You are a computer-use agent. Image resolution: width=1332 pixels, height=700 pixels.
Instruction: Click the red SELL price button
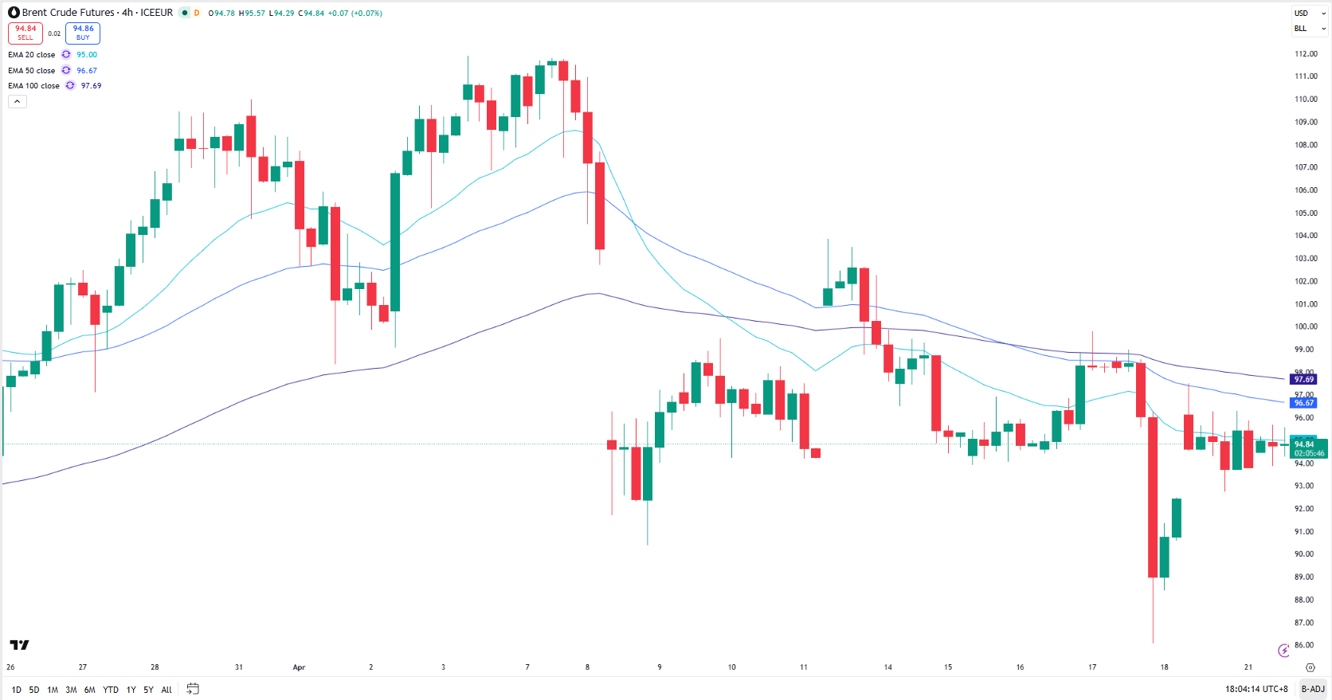25,33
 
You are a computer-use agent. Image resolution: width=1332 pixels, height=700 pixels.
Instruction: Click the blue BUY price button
83,33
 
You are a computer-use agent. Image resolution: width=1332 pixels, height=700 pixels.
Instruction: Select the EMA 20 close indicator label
32,55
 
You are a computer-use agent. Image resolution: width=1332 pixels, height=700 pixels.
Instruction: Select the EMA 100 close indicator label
33,86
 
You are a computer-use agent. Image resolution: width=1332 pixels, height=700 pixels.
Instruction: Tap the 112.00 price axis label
1306,54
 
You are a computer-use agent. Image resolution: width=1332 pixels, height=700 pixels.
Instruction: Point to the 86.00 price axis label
1304,645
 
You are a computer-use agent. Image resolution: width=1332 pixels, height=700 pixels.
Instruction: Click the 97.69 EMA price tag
1304,380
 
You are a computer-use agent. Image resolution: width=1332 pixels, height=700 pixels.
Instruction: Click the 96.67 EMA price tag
1304,403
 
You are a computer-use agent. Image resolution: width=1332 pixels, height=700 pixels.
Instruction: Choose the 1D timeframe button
17,690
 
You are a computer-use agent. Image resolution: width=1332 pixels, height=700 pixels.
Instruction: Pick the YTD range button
111,690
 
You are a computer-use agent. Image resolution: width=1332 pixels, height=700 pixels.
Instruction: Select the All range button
166,690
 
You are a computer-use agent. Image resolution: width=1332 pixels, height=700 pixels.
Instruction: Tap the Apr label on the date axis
299,667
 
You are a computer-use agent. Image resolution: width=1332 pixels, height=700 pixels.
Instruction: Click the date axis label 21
1248,667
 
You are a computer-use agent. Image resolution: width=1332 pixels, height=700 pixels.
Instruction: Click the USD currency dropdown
1309,14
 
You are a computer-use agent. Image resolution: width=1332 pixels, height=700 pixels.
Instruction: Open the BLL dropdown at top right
1309,29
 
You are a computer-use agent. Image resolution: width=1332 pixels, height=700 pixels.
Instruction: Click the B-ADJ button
1312,689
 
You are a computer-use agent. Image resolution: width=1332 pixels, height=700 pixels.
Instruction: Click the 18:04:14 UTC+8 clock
1256,689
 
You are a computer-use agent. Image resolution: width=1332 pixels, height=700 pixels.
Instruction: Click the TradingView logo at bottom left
19,645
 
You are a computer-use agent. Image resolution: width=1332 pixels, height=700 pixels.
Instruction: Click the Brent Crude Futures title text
68,13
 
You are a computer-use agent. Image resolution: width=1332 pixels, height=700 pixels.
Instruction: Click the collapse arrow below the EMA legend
17,101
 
